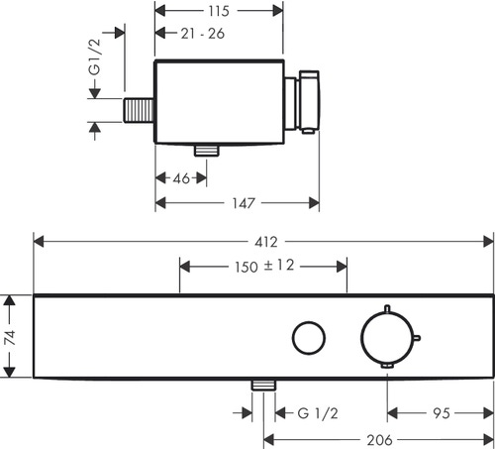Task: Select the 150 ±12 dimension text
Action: [262, 266]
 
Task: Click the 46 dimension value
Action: [181, 178]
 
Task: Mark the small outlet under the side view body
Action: [207, 150]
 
